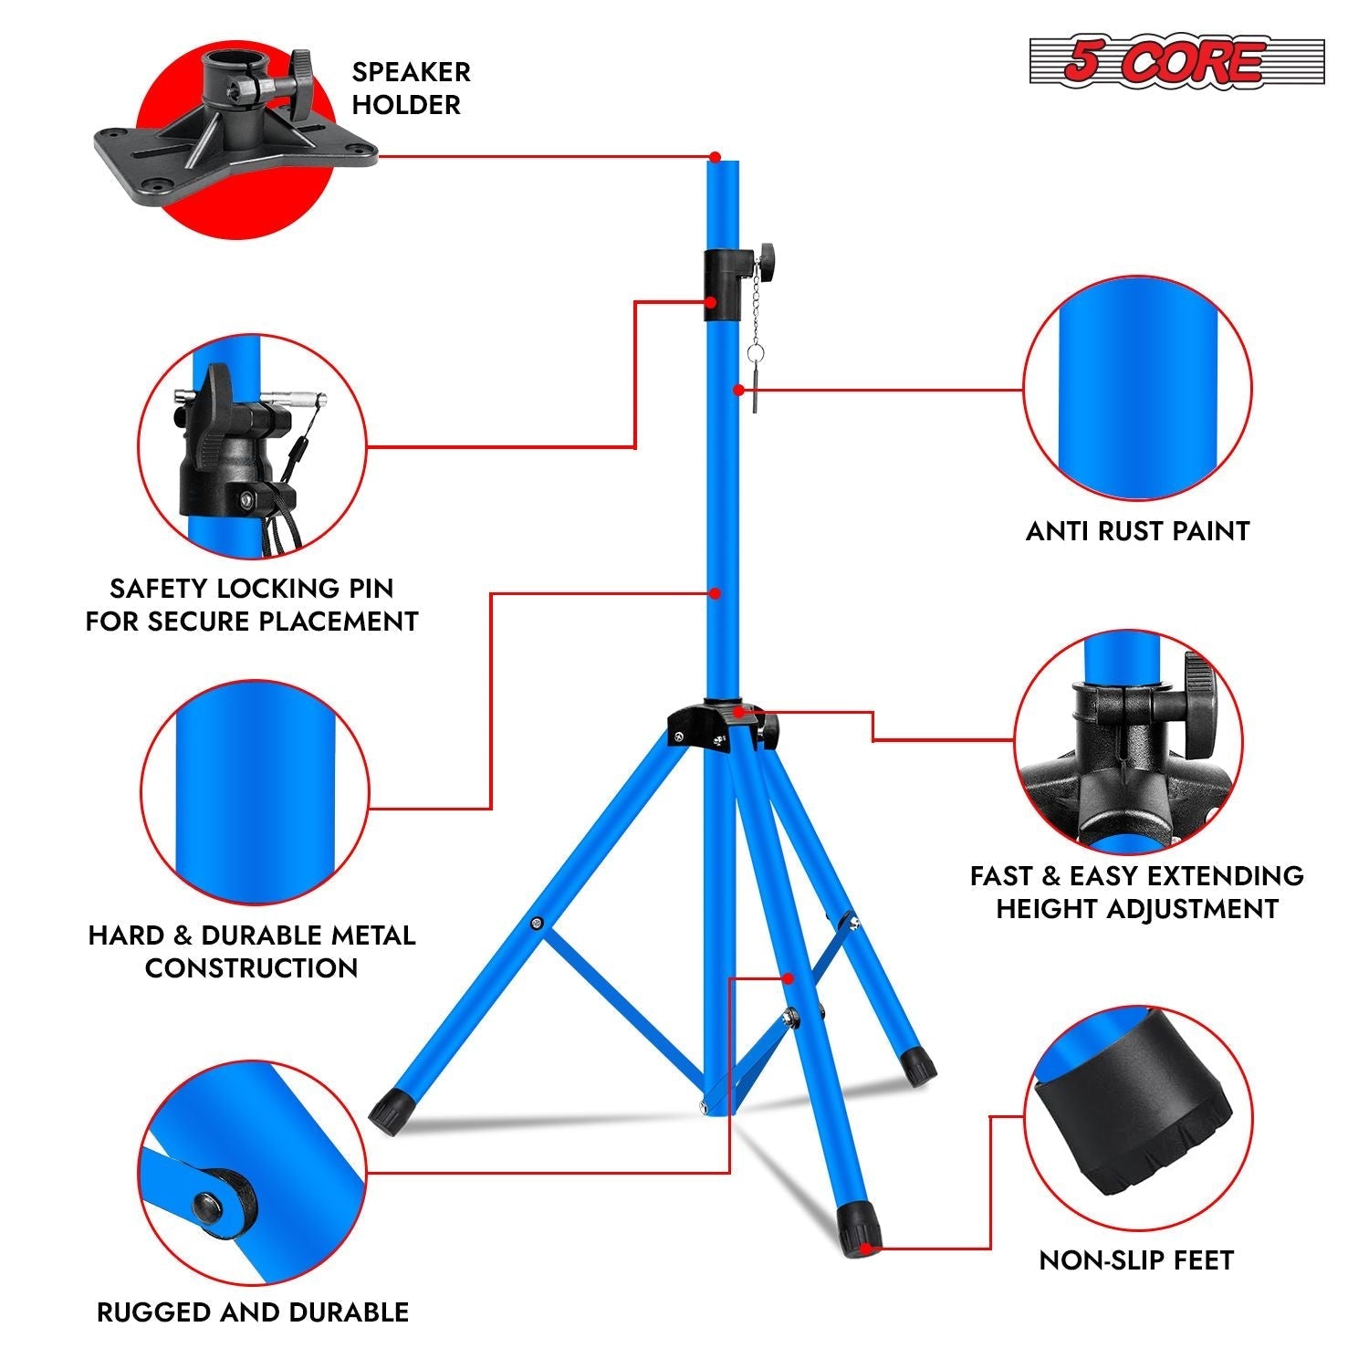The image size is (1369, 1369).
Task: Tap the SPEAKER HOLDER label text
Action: click(x=411, y=89)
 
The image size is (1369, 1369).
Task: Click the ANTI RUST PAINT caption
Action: click(x=1137, y=531)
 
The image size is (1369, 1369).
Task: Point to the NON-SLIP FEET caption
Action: click(x=1136, y=1260)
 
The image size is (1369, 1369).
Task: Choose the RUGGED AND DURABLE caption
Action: click(x=253, y=1312)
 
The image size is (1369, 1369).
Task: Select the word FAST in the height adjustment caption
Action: click(x=1000, y=877)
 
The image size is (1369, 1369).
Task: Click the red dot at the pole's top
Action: click(x=716, y=157)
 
